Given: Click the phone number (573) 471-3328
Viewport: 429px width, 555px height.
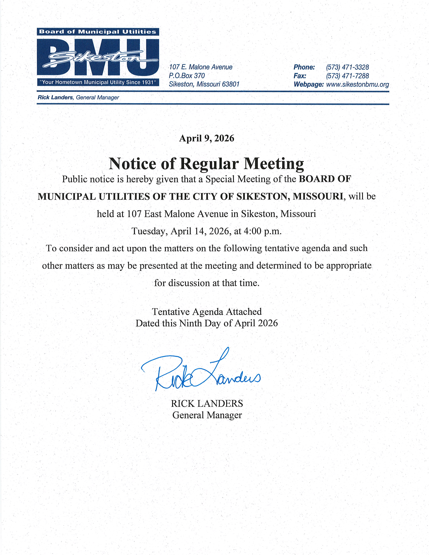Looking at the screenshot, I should point(347,67).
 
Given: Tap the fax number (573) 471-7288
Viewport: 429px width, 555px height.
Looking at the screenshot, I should point(347,76).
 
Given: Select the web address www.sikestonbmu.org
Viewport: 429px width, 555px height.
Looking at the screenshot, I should point(357,85).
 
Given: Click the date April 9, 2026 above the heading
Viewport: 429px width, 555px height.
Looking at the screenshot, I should point(207,138).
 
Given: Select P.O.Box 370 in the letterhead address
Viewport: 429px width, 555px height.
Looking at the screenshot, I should point(187,76).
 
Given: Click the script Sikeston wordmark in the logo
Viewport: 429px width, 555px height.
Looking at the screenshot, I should point(98,59).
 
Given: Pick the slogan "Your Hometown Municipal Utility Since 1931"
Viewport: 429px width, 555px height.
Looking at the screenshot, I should point(98,82).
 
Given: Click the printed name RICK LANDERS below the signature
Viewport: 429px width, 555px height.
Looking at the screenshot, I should point(207,403).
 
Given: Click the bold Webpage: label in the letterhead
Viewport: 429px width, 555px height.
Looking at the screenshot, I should point(309,85).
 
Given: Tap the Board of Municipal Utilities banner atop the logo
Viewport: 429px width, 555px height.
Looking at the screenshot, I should point(98,32).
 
